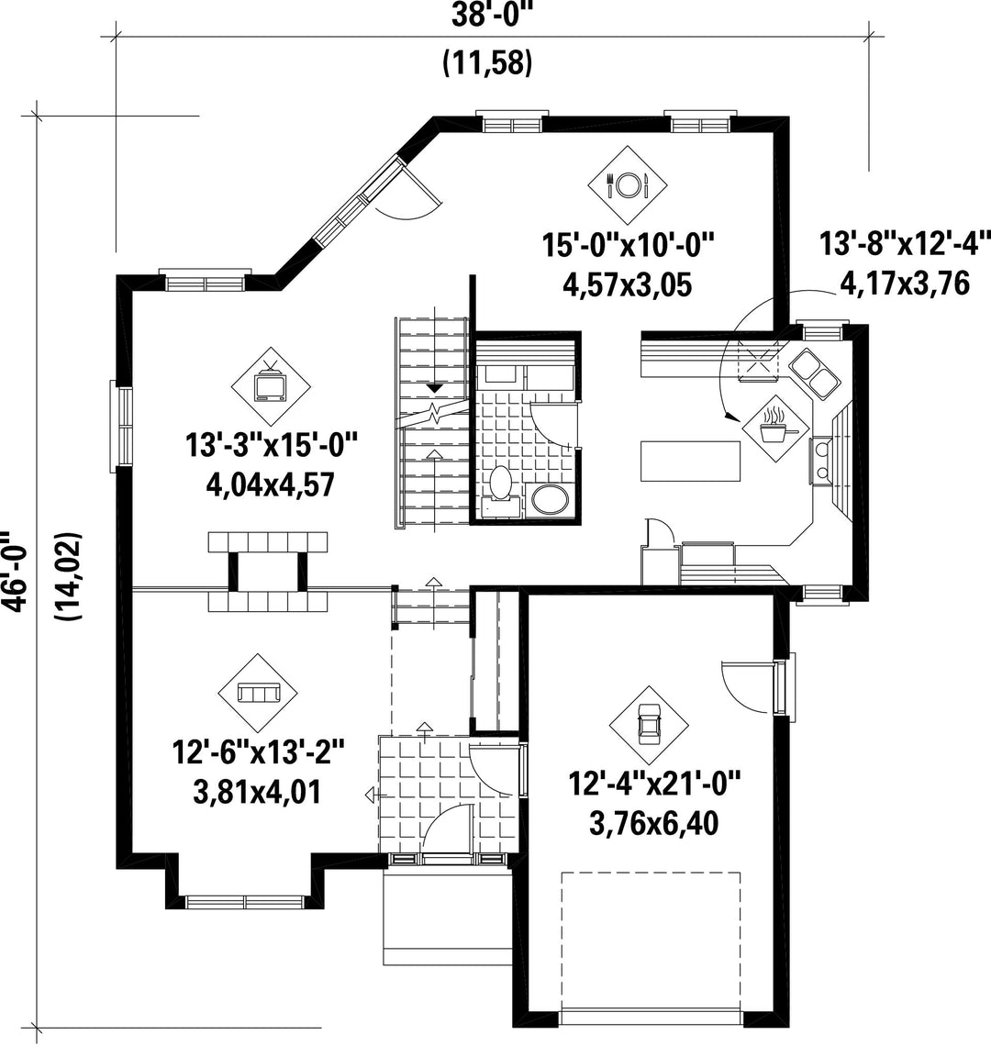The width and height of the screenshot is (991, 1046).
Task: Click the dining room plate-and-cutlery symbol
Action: pos(628,184)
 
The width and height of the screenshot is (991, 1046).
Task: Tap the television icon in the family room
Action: pos(271,386)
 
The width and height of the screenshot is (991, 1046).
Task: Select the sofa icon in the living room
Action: pos(258,693)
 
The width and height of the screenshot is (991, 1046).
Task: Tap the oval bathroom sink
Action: pos(550,500)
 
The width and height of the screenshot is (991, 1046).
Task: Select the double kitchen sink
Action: pos(815,373)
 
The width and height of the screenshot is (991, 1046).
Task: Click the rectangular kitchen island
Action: pos(691,461)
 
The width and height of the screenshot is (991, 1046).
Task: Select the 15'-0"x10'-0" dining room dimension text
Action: pos(628,245)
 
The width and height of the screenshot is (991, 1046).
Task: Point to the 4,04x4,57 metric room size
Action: pos(271,484)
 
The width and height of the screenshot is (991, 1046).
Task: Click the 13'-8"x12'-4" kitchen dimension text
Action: pos(905,243)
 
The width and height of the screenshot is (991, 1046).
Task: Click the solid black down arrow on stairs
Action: pos(435,387)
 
